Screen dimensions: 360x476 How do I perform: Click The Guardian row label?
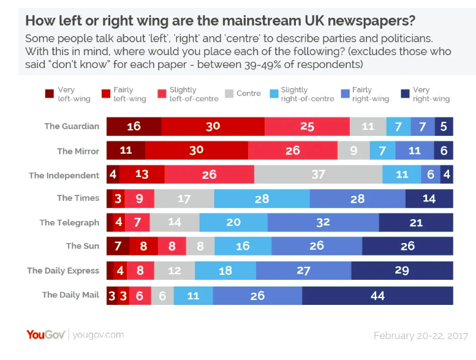[x=72, y=126]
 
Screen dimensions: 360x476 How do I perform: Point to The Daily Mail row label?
[x=70, y=294]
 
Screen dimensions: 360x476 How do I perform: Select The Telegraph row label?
[x=69, y=222]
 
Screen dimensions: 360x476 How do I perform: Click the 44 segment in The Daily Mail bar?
[x=377, y=295]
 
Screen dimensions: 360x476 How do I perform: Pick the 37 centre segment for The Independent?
[x=318, y=174]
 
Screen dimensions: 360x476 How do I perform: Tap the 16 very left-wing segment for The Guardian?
[x=134, y=126]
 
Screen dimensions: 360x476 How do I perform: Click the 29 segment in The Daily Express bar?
[x=402, y=271]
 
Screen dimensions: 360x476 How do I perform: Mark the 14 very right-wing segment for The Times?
[x=429, y=198]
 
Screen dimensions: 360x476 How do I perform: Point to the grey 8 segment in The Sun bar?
[x=200, y=247]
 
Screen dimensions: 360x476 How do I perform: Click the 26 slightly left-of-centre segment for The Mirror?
[x=292, y=151]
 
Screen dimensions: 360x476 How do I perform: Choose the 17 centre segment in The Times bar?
[x=184, y=198]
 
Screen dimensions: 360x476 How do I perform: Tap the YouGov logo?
[x=47, y=334]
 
